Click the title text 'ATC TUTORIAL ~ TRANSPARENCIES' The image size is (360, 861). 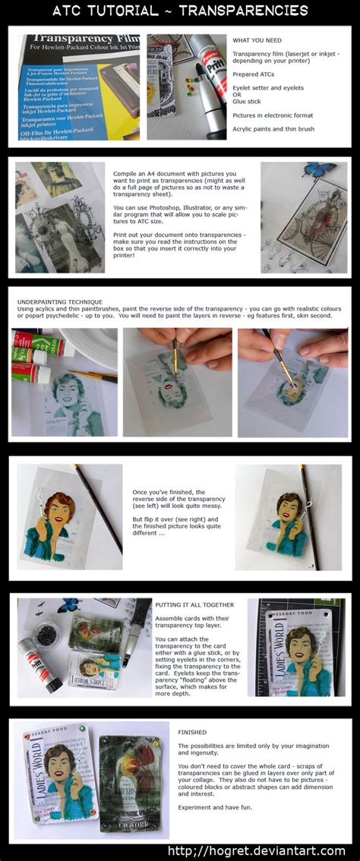tap(180, 11)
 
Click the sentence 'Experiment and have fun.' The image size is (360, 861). tap(213, 808)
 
